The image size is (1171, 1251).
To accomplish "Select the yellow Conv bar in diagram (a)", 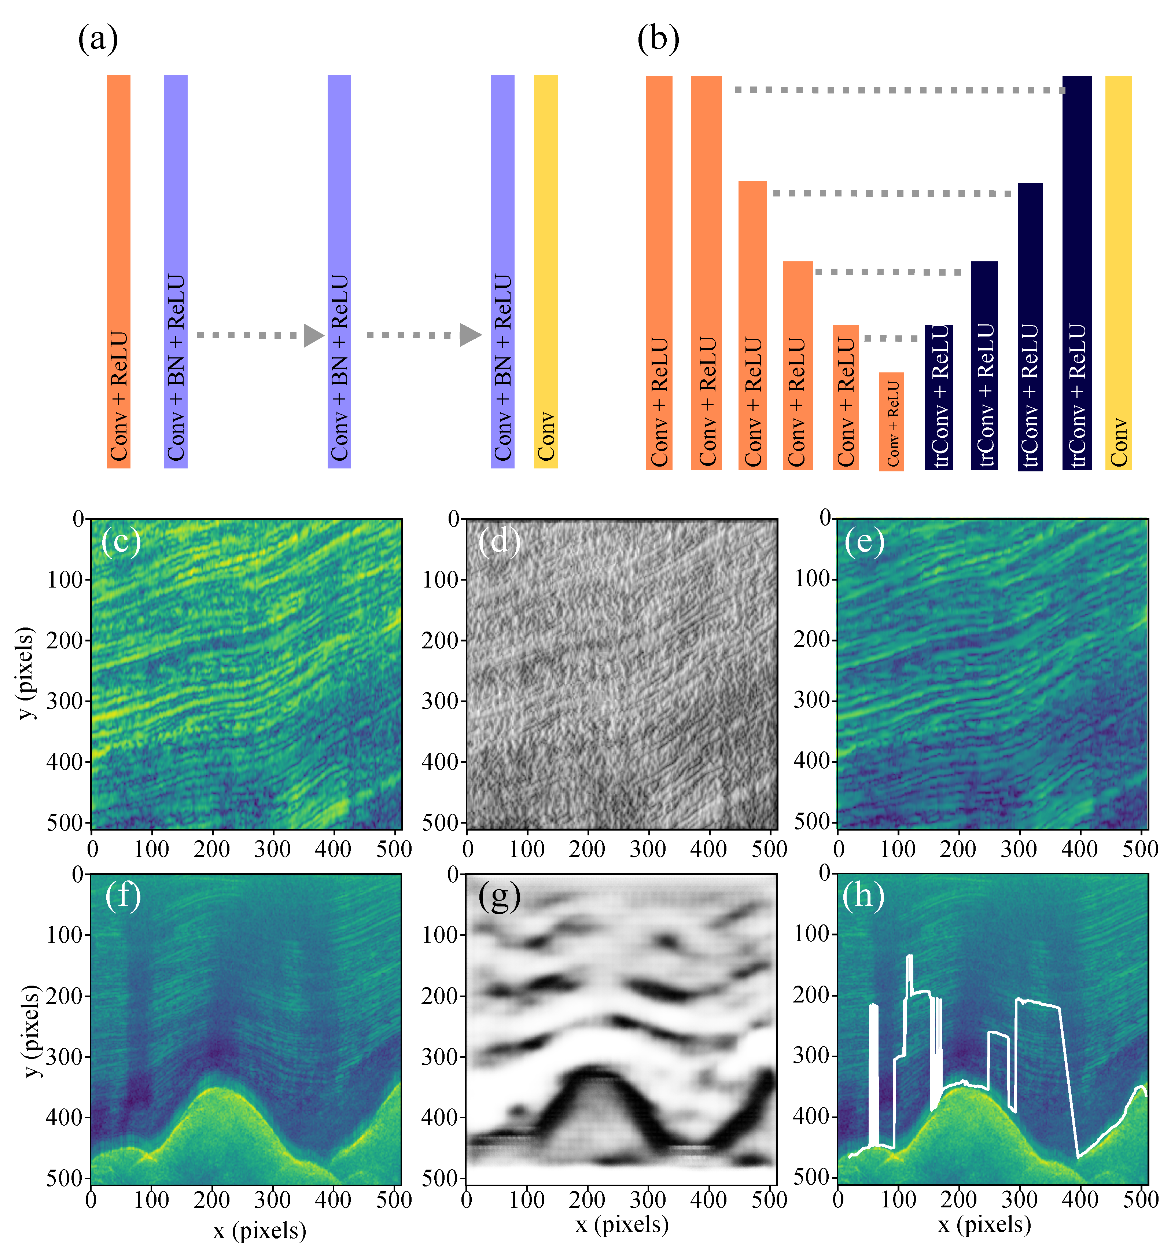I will [x=545, y=271].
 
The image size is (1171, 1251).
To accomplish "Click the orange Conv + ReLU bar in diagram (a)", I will [x=118, y=271].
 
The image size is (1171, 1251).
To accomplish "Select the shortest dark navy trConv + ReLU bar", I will [x=938, y=397].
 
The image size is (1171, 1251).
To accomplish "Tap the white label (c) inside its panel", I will [x=121, y=541].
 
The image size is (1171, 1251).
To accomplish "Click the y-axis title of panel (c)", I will [x=25, y=673].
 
